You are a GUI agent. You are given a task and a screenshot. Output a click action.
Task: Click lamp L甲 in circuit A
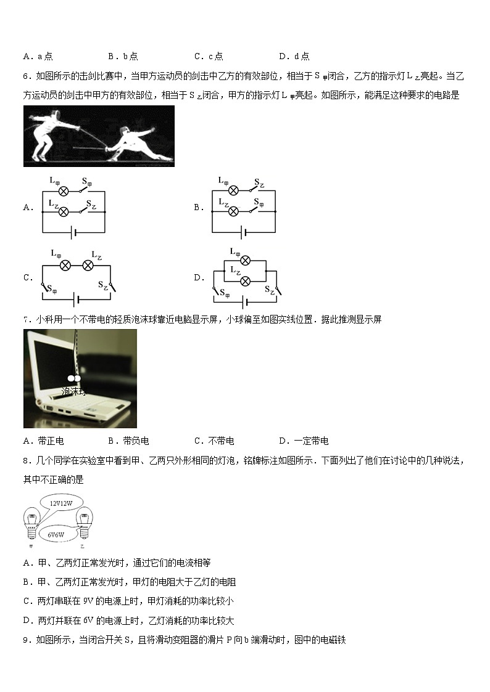62,191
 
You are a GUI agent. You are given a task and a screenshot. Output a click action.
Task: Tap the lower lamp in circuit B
233,211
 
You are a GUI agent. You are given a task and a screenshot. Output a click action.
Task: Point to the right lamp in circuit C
88,265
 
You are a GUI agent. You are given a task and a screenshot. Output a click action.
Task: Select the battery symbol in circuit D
246,303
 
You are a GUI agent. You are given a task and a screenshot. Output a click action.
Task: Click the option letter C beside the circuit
28,278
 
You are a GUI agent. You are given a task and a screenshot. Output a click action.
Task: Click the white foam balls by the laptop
74,378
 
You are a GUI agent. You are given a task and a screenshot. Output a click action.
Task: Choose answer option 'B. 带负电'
128,441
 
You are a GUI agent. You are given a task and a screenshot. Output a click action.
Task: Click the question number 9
27,640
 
